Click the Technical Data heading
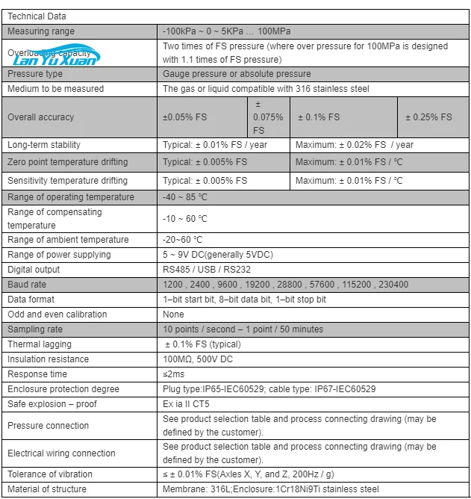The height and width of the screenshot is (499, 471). point(37,16)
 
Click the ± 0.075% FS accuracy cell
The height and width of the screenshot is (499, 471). point(268,117)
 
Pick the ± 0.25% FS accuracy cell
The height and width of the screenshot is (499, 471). point(428,117)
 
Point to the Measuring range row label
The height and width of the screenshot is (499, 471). point(41,31)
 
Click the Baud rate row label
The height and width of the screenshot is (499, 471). point(27,285)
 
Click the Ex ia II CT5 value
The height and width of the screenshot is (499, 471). point(187,404)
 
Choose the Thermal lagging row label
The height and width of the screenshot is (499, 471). point(40,344)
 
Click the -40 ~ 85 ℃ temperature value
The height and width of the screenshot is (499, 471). point(185,197)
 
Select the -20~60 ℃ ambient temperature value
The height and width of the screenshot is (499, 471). point(182,240)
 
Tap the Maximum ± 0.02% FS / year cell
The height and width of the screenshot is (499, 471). point(354,145)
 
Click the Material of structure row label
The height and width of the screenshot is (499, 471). point(47,489)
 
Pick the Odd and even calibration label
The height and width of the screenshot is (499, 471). point(57,314)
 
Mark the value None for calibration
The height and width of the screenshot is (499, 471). point(173,314)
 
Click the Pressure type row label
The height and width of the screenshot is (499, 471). point(35,74)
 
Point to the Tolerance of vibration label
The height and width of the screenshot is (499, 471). point(50,474)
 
